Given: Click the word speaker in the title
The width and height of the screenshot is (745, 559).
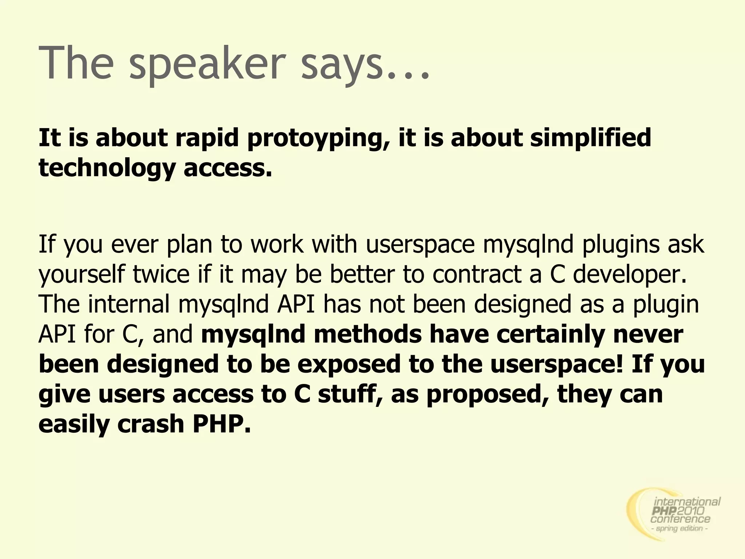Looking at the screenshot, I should click(x=206, y=64).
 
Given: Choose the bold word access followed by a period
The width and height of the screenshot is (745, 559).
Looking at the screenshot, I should click(x=228, y=169).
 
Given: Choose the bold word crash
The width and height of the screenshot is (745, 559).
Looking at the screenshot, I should click(x=151, y=424).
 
